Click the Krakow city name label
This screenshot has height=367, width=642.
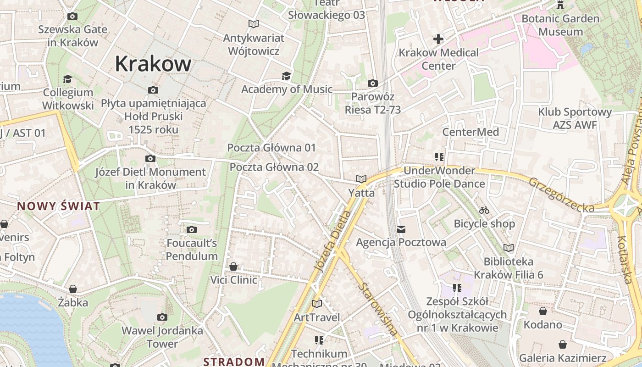[153, 63]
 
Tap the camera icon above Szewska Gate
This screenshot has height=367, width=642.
[72, 17]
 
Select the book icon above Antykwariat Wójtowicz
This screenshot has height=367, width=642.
[253, 24]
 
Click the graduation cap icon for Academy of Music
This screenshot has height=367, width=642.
[287, 76]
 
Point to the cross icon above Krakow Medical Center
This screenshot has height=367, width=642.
[438, 39]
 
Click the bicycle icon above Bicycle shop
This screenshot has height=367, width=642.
[484, 211]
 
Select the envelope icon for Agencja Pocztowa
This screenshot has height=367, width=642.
[401, 229]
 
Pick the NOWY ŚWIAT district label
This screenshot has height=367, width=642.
[59, 206]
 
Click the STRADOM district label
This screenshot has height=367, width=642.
[234, 361]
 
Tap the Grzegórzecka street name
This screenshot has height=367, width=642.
[561, 195]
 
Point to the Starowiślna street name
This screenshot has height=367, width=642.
[378, 310]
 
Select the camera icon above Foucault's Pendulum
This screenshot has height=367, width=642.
[192, 229]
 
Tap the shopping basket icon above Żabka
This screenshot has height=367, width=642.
[73, 289]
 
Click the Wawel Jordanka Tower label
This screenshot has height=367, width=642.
[162, 337]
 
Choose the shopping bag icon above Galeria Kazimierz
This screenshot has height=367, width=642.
[563, 345]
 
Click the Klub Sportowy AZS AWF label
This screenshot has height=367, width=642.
[575, 118]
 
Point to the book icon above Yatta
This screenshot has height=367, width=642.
[361, 179]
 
